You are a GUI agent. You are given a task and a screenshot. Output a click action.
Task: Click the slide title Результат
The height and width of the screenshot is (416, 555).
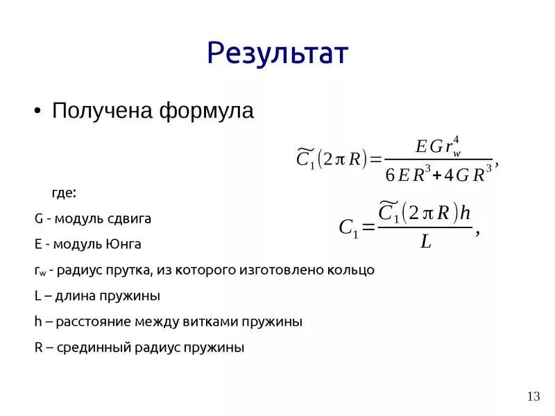click(x=277, y=53)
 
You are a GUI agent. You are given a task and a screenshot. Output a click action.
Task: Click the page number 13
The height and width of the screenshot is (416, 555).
click(x=533, y=397)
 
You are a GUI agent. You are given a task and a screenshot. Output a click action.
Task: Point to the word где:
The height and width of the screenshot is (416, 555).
click(x=65, y=191)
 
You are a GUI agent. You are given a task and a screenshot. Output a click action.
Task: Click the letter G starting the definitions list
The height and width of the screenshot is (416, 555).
click(x=39, y=218)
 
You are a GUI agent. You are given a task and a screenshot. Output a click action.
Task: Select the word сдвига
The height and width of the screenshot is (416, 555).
click(x=130, y=218)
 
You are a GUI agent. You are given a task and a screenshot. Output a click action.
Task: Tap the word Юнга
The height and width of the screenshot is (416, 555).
click(x=124, y=244)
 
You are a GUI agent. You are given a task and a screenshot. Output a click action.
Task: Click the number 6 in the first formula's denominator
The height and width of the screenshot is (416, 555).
click(x=390, y=175)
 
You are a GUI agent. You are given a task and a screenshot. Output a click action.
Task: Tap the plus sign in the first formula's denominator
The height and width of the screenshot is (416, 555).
click(x=436, y=175)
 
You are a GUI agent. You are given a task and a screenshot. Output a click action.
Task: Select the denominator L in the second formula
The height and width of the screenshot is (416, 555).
click(x=426, y=241)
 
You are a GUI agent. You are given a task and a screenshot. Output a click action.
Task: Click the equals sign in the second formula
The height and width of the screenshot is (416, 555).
click(x=368, y=227)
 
